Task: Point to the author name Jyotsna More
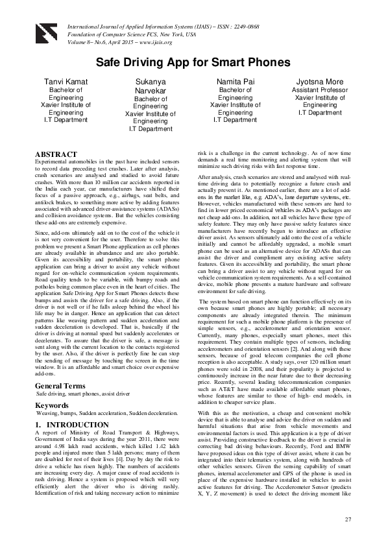[x=320, y=81]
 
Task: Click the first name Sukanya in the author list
[x=150, y=82]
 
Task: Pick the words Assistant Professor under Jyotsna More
[x=320, y=90]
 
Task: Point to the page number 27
[x=348, y=519]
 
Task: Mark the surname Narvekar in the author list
[x=150, y=91]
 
